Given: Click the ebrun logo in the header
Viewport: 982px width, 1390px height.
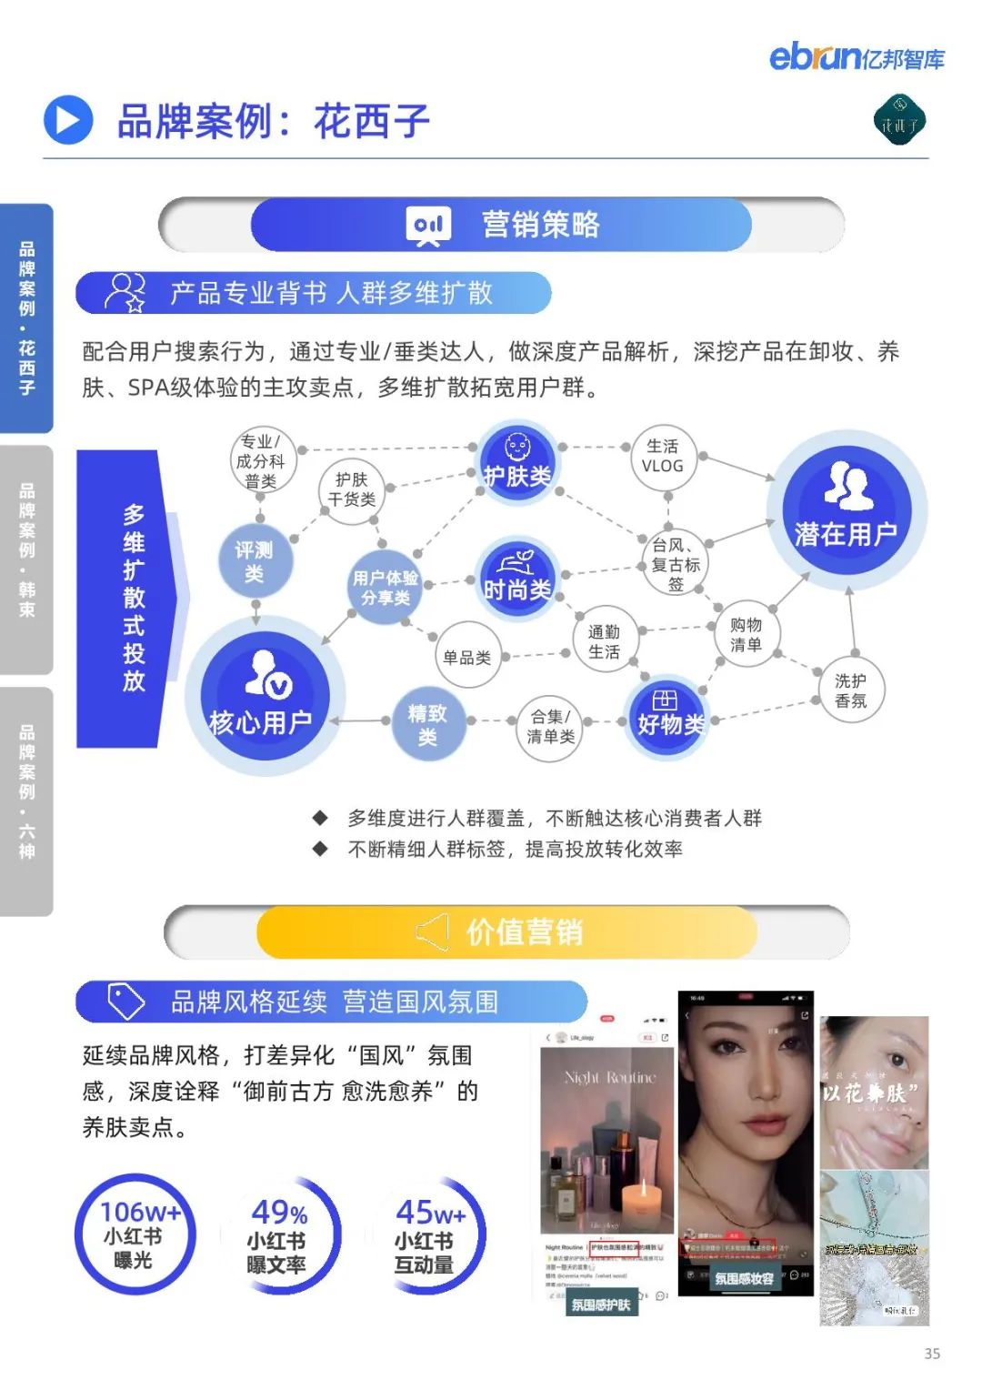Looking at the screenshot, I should (856, 57).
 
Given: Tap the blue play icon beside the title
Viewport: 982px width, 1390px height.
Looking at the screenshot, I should (68, 121).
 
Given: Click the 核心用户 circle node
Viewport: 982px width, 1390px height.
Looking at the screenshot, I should (262, 696).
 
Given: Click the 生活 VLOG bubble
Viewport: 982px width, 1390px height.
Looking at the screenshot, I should (662, 457).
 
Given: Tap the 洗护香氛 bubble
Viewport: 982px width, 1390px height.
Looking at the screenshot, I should (850, 690).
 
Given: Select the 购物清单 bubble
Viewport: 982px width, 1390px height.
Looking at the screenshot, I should (746, 635).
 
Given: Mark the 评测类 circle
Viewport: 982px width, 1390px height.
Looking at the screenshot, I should (255, 562).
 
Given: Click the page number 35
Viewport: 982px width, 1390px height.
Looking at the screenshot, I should (932, 1354).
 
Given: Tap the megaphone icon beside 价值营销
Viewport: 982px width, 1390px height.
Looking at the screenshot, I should (433, 932).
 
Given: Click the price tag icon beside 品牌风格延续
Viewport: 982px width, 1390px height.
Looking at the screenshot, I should (125, 1001).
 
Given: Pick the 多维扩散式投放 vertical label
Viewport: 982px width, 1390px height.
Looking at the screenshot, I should (134, 599).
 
